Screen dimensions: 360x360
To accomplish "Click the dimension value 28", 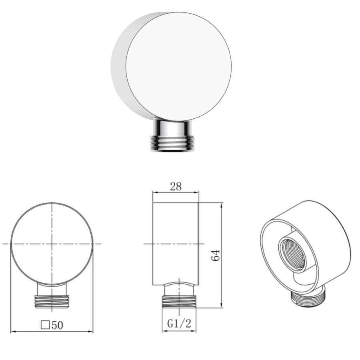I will click(176, 186).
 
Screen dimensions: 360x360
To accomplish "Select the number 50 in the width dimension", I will click(57, 325).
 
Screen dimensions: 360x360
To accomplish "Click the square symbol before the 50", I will click(46, 325).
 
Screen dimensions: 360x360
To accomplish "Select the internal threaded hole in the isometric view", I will click(292, 254).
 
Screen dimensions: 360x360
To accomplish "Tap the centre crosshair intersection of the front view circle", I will click(52, 243).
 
